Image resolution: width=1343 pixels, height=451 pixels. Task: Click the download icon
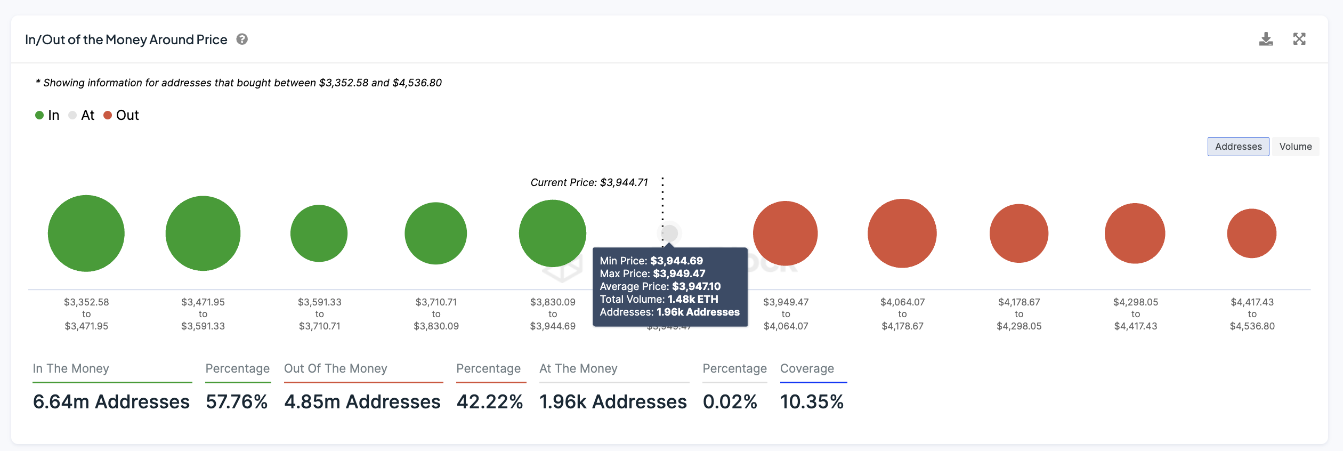(x=1266, y=39)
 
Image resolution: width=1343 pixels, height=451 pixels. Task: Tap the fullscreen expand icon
(x=1299, y=39)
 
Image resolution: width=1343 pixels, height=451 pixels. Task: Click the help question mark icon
(x=242, y=39)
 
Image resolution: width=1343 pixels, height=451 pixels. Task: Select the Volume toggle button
(x=1295, y=147)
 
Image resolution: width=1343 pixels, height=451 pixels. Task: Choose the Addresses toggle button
(x=1238, y=147)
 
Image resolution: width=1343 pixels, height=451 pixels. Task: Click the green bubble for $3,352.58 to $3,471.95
(x=86, y=233)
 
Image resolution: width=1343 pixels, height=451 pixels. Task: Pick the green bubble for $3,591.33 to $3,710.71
(x=319, y=233)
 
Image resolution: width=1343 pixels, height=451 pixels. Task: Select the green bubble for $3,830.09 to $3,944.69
(x=553, y=233)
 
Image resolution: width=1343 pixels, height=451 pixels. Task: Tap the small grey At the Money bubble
(x=670, y=233)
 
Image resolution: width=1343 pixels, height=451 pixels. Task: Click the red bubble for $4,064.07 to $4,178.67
(x=902, y=233)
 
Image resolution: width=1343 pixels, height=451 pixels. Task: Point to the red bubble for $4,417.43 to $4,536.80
(x=1251, y=233)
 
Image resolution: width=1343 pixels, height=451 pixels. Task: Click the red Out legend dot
(x=108, y=115)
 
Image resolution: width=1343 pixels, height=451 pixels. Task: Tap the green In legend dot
(x=39, y=115)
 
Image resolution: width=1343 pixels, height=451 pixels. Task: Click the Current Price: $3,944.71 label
(x=589, y=182)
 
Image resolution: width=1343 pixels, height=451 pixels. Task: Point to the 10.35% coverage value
(x=812, y=401)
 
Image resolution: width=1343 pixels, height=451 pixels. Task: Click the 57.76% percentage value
(x=237, y=401)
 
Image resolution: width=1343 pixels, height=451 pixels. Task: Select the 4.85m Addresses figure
(x=362, y=401)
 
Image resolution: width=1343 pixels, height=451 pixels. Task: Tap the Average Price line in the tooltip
(x=660, y=286)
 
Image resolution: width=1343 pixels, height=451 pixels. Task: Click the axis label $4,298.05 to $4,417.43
(x=1135, y=314)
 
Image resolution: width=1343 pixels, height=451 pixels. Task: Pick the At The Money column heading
(x=578, y=368)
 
